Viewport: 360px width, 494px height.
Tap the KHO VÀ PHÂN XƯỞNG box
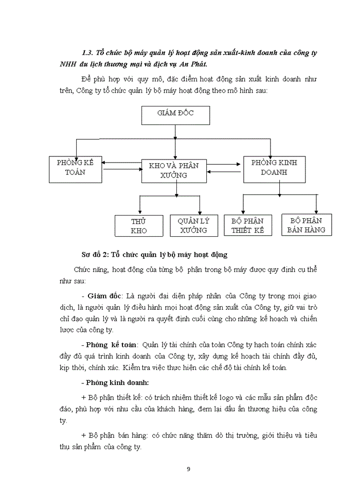pyautogui.click(x=176, y=171)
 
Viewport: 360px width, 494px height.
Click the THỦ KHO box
pyautogui.click(x=139, y=226)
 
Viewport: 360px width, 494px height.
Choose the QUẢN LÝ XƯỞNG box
pyautogui.click(x=193, y=226)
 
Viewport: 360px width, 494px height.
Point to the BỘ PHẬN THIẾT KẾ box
pyautogui.click(x=247, y=225)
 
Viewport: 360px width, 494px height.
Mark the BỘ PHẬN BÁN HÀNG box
pyautogui.click(x=306, y=225)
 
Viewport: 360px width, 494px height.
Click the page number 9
pyautogui.click(x=188, y=469)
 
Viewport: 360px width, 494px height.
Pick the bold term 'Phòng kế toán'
pyautogui.click(x=112, y=345)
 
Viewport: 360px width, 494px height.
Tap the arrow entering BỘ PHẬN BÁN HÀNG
pyautogui.click(x=316, y=209)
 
